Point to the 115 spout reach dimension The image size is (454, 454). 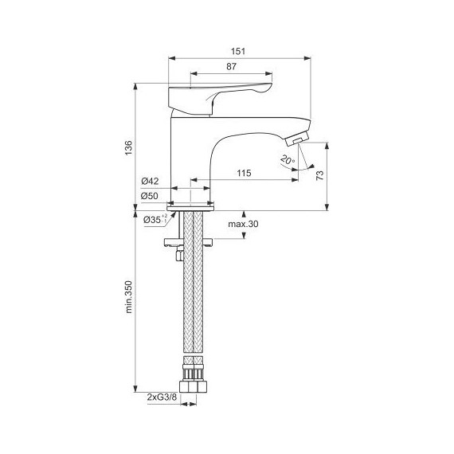click(245, 174)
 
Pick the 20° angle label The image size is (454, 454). click(287, 159)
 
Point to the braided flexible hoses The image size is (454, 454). click(191, 319)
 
